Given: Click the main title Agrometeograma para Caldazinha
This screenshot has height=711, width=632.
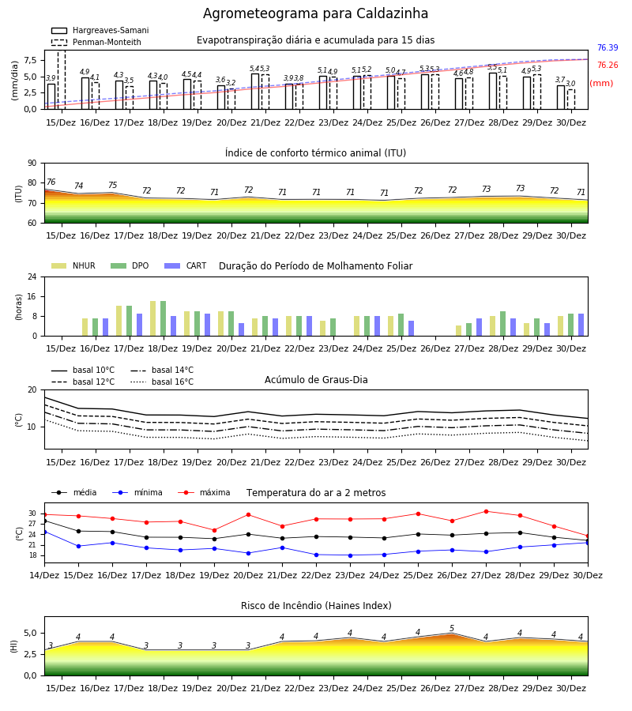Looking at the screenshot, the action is coord(315,13).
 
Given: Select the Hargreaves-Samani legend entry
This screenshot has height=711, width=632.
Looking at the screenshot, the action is coord(100,30).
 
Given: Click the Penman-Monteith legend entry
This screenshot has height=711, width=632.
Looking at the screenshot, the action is coord(96,42).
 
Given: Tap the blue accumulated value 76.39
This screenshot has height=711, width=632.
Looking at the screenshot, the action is coord(608,47).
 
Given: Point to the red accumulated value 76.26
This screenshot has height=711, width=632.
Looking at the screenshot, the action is coord(608,65).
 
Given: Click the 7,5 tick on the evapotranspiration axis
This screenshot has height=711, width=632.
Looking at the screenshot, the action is coord(30,60).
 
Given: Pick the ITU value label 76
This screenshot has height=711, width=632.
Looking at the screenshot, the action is coord(51,182).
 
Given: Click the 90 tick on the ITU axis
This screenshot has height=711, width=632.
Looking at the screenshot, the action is coord(32,164).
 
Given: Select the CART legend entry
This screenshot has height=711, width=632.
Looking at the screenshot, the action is coord(186,265).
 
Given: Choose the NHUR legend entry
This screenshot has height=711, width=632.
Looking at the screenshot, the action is coord(73,265).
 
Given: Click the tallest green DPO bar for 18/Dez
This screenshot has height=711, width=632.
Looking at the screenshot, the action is coord(164,318).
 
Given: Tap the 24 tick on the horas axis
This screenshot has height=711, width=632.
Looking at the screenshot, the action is coord(32,276).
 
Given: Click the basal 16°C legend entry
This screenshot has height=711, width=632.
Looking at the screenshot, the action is coord(162,382).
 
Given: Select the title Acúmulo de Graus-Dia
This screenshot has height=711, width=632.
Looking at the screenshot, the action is coord(316,380).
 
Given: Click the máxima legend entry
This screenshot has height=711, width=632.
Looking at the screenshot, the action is coord(204,492).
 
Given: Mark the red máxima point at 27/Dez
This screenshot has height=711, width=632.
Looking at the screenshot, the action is coord(486,511).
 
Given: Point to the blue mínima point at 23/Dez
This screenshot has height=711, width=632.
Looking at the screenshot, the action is coord(350,555).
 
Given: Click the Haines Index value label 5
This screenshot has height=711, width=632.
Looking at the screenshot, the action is coord(452,629).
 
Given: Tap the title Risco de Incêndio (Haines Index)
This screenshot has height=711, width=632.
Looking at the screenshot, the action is coord(316,606).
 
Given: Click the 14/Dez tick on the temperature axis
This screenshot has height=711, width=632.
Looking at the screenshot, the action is coord(44,575).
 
